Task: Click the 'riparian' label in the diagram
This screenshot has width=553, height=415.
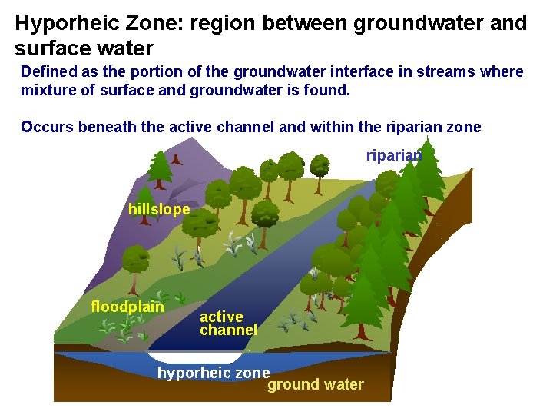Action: (x=393, y=156)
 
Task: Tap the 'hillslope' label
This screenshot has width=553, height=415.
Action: (x=159, y=209)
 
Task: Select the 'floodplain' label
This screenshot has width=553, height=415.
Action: (x=127, y=307)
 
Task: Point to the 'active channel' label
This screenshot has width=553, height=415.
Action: (x=227, y=323)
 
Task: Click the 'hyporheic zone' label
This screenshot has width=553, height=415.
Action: (x=213, y=373)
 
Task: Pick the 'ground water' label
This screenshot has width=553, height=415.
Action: (x=315, y=384)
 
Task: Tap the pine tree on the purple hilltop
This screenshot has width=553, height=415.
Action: (x=160, y=167)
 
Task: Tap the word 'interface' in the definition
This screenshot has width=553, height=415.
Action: (x=353, y=71)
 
